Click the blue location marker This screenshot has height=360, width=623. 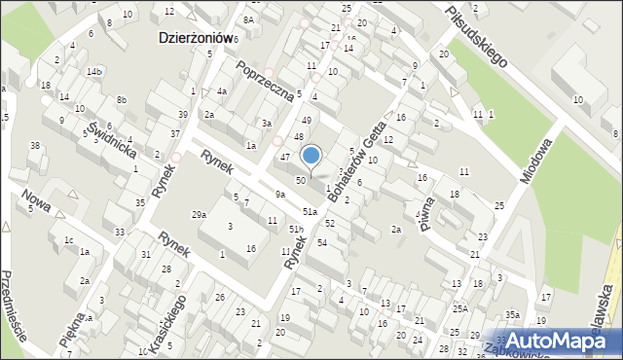(311, 155)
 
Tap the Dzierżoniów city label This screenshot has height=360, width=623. (197, 36)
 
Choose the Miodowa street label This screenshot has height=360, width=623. (534, 161)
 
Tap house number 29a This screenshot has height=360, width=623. (199, 214)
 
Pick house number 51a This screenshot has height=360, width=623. (311, 211)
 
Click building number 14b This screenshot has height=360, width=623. (93, 72)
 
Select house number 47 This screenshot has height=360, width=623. (285, 156)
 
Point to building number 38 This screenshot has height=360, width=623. (35, 146)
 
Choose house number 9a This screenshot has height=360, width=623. (279, 195)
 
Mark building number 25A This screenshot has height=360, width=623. (459, 308)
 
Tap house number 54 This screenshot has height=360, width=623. (321, 241)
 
